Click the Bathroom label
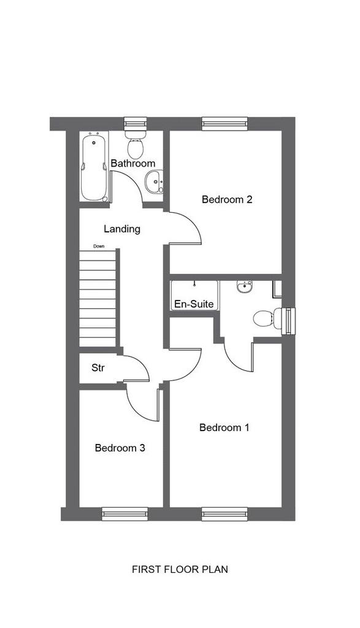[x=132, y=163]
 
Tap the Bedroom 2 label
[x=227, y=199]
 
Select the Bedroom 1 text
[x=224, y=427]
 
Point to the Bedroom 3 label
[x=120, y=448]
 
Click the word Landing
[x=122, y=229]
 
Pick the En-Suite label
[x=194, y=304]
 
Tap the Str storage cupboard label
[x=98, y=368]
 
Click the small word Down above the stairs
[x=99, y=247]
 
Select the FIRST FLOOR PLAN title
[x=180, y=569]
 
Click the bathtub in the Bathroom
[x=94, y=167]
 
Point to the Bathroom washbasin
[x=155, y=182]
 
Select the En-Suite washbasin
[x=244, y=286]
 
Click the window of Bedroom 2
[x=224, y=124]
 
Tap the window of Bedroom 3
[x=124, y=514]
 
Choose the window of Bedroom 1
[x=224, y=514]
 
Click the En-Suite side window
[x=288, y=321]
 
